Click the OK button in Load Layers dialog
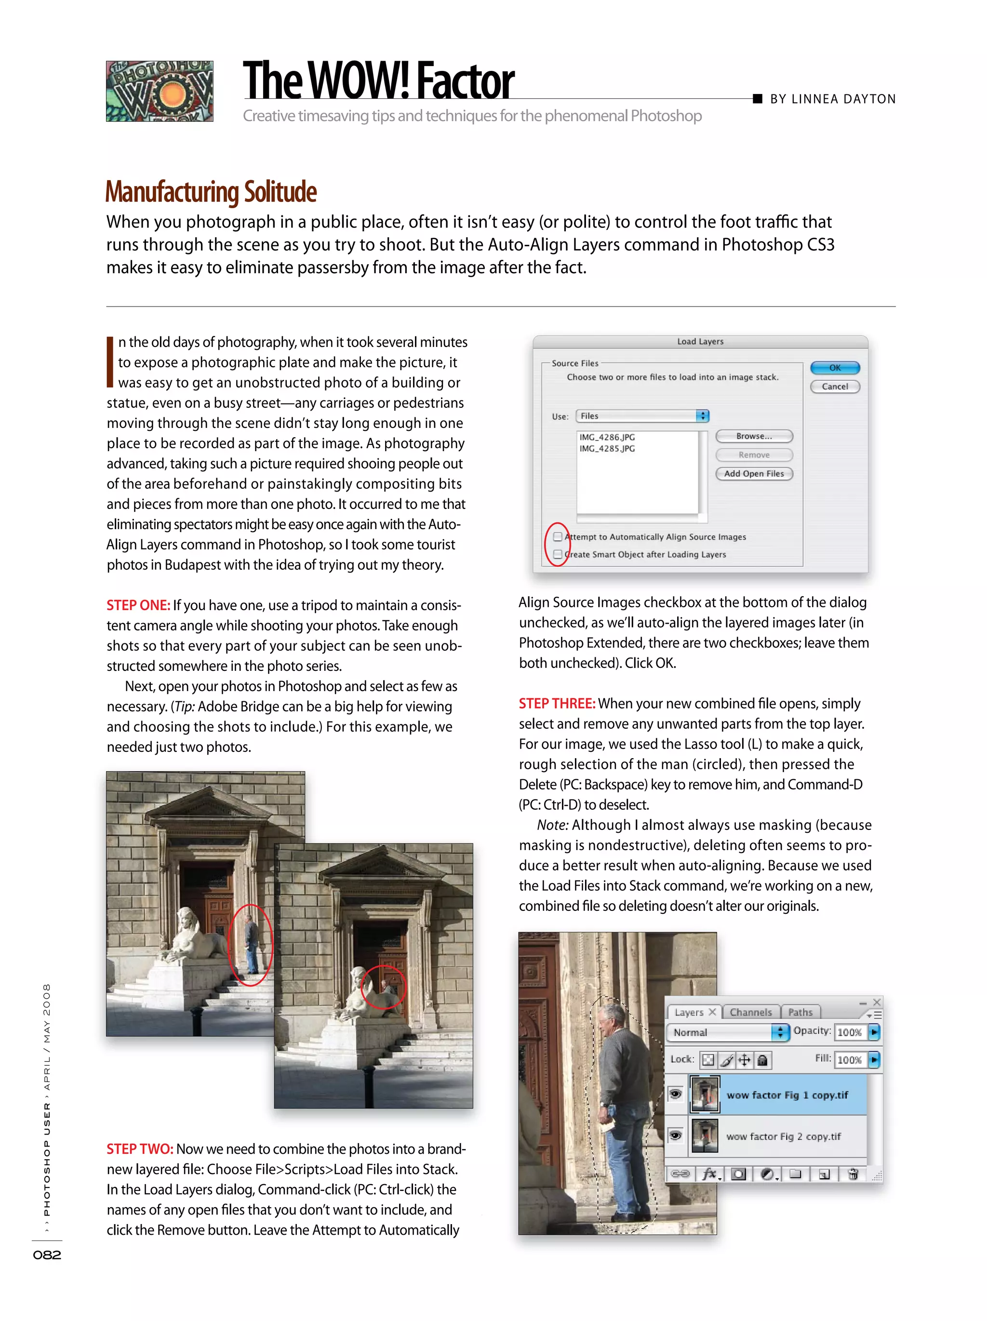[834, 367]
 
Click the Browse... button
[754, 436]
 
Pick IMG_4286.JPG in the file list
[607, 437]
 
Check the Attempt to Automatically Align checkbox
[558, 536]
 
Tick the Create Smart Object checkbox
[558, 554]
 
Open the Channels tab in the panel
[750, 1012]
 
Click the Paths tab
[800, 1012]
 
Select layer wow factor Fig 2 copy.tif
[783, 1136]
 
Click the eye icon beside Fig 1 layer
[675, 1094]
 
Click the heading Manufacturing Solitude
[211, 192]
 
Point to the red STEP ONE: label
[138, 605]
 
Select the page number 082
[47, 1254]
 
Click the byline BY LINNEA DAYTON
[832, 99]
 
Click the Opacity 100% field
[849, 1032]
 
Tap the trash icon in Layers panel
[853, 1174]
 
